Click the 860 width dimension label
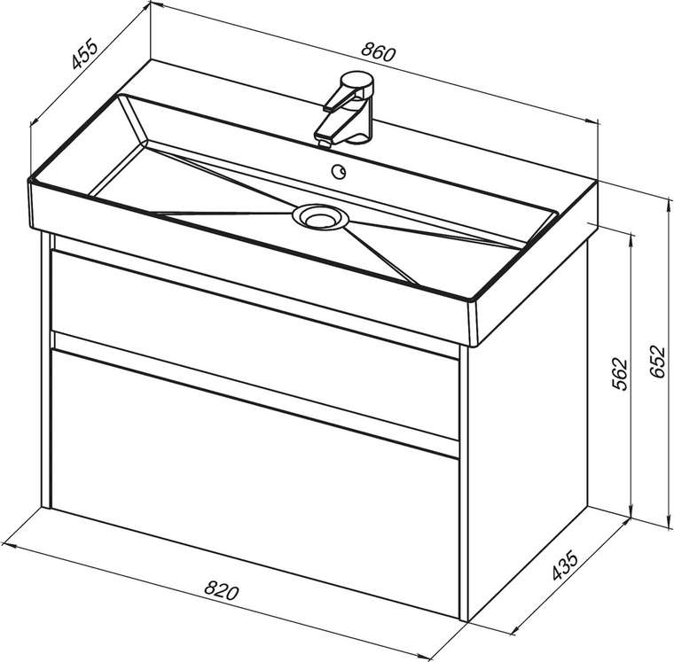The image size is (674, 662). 378,52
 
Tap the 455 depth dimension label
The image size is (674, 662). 84,54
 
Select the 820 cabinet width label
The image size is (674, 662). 221,590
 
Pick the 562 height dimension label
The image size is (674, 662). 619,373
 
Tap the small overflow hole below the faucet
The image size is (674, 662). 339,171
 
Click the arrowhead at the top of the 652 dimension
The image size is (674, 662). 669,203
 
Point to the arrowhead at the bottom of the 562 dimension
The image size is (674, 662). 631,512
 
